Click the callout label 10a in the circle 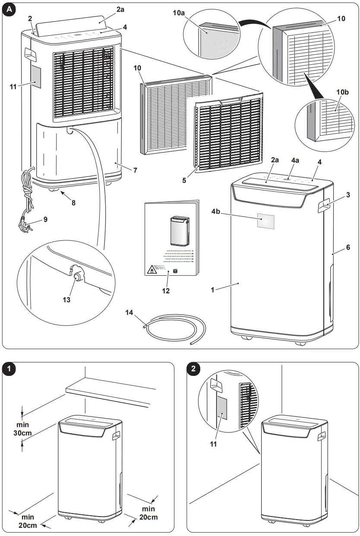click(x=191, y=13)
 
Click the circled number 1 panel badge click(x=9, y=369)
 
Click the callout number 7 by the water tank click(x=135, y=170)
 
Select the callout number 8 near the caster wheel click(x=73, y=202)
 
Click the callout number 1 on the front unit click(x=212, y=290)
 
